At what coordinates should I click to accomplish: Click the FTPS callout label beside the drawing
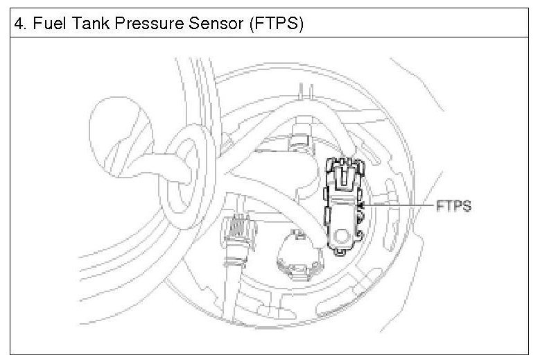coord(453,206)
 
